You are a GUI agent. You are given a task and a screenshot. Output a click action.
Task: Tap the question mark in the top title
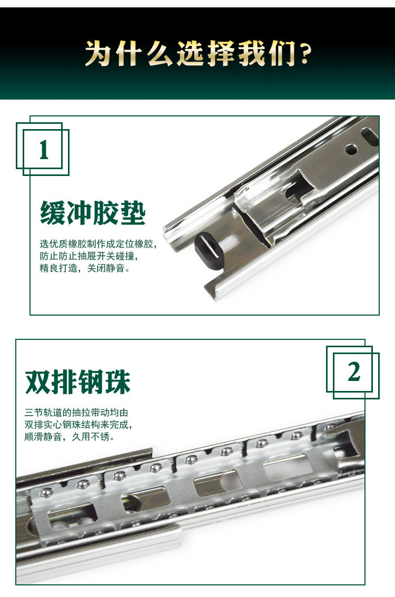pos(304,54)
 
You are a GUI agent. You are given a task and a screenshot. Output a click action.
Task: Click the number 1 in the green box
pos(44,150)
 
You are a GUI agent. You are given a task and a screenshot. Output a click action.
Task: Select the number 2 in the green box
pos(354,373)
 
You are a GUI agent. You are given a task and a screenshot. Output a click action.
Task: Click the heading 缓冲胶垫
pos(93,214)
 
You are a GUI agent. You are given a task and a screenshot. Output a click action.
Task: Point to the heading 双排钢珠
pos(78,382)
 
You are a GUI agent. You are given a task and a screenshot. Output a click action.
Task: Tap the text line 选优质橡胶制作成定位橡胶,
pos(98,244)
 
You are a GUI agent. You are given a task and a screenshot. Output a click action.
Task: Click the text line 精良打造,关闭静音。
pos(84,269)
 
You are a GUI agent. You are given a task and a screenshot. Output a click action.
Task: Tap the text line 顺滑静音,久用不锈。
pos(70,436)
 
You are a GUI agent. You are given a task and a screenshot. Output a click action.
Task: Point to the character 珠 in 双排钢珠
pos(117,382)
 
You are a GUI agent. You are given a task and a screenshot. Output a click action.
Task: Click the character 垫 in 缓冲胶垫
pos(132,214)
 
